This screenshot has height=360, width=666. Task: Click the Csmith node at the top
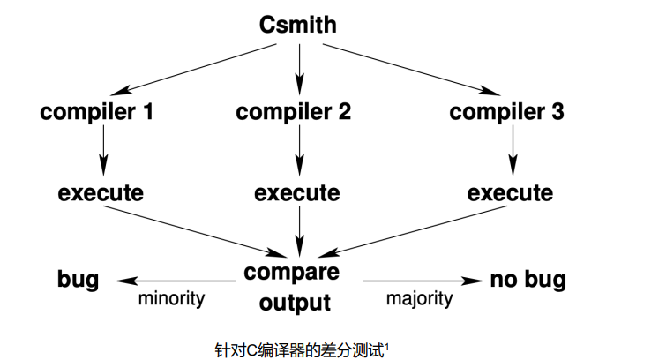pos(298,24)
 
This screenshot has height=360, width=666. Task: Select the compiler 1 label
pos(97,112)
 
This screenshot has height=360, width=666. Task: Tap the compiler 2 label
pos(294,112)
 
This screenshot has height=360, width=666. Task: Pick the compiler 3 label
pos(507,112)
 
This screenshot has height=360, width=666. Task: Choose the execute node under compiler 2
pos(297,192)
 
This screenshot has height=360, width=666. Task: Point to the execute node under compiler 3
pos(511,192)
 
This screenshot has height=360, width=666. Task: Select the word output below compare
pos(297,303)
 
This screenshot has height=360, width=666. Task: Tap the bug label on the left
pos(78,281)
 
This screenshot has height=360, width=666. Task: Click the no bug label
pos(528,281)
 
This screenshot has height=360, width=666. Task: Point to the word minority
pos(171,298)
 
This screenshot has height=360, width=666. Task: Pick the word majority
pos(419,298)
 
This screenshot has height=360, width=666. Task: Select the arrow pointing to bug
pos(173,281)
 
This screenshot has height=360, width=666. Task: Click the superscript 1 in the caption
pos(388,345)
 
